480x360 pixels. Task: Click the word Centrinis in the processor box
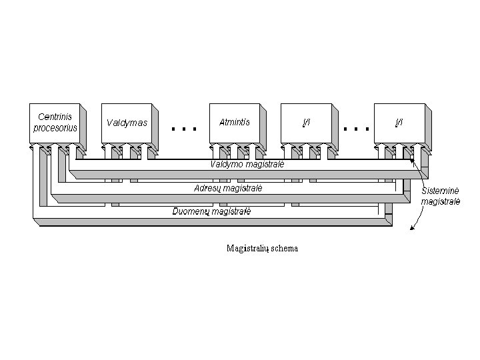tap(55, 117)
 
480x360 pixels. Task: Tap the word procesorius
tap(55, 127)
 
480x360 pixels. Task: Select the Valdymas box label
tap(127, 123)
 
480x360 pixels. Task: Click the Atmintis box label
tap(235, 122)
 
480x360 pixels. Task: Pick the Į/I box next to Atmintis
tap(306, 123)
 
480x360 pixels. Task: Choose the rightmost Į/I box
tap(399, 123)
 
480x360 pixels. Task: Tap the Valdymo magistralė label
tap(247, 164)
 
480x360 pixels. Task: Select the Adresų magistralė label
tap(228, 188)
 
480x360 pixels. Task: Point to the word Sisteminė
tap(441, 191)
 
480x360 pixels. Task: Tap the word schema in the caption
tap(284, 249)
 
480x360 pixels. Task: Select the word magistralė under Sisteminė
tap(441, 201)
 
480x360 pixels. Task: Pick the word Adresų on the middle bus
tap(207, 188)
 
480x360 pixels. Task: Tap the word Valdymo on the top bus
tap(226, 164)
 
